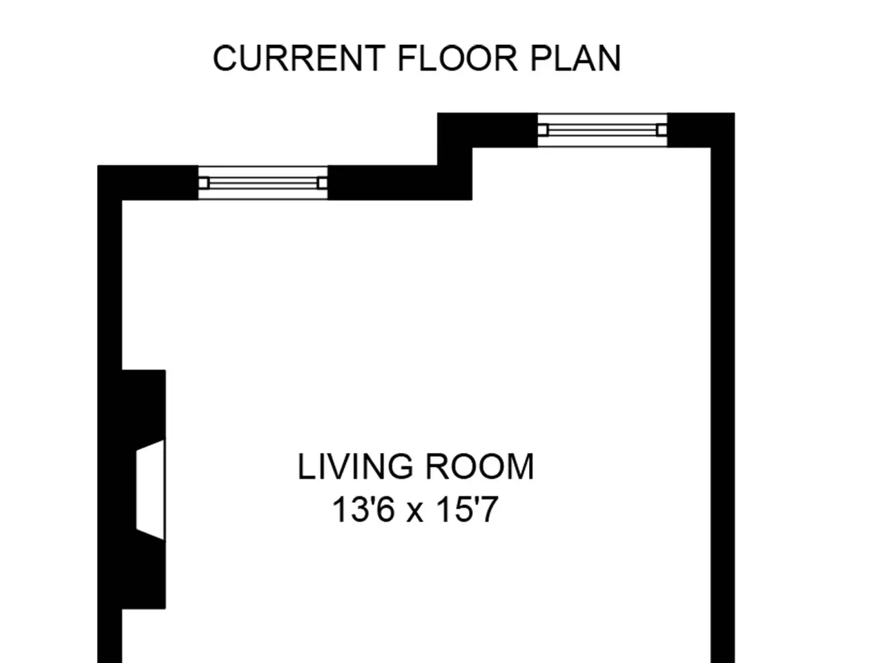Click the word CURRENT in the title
pos(299,59)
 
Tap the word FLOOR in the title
pos(457,59)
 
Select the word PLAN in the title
pos(575,59)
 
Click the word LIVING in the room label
pos(356,467)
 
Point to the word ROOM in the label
pos(480,467)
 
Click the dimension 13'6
pos(363,510)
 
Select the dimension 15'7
pos(468,510)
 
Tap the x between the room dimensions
pos(415,513)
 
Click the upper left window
pos(262,183)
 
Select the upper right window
pos(602,130)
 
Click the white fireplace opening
pos(151,490)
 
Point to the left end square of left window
pos(204,183)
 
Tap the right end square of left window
pos(323,183)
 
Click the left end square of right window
pos(543,130)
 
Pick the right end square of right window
pos(662,130)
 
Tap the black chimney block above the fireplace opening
pos(144,405)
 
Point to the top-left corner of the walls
pos(97,165)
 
